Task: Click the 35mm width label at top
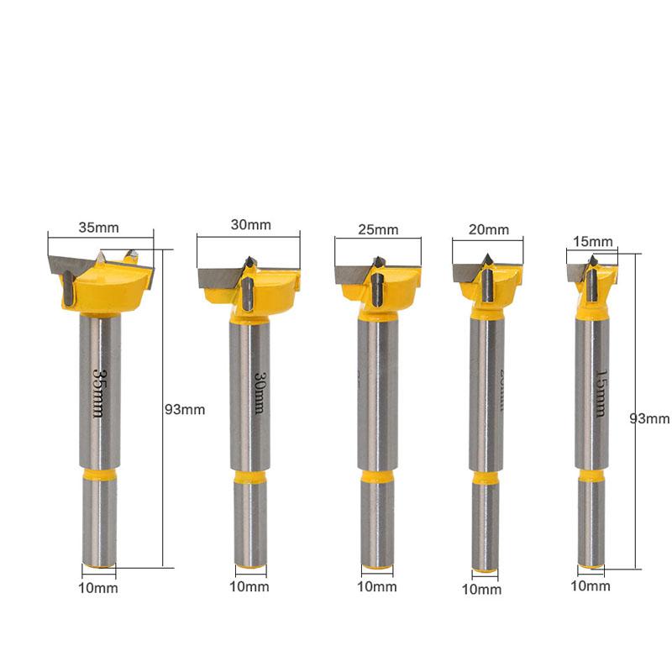[99, 227]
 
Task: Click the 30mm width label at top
[251, 224]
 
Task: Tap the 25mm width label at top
[378, 229]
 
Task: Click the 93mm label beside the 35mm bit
[185, 410]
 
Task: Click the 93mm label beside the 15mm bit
[650, 418]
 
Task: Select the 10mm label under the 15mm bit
[591, 585]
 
